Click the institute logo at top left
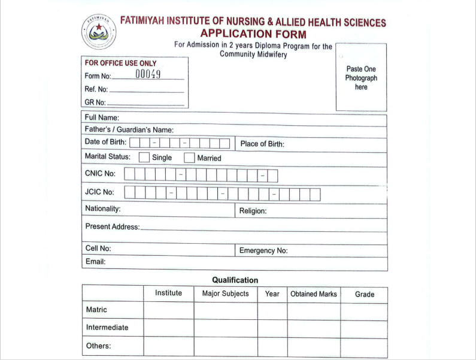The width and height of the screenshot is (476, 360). coord(99,32)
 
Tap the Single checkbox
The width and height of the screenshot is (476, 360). coord(144,158)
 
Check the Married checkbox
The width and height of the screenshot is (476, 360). coord(189,158)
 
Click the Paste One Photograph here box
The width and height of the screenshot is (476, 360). coord(361,78)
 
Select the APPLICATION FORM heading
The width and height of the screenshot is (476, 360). coord(253,34)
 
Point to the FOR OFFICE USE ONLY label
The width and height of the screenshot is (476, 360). coord(120,63)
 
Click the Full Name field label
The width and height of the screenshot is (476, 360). coord(102,117)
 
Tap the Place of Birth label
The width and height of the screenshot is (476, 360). coord(262,144)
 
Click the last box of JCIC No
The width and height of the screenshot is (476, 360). coord(314,194)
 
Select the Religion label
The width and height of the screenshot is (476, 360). coord(253,211)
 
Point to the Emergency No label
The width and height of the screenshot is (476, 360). coord(263,250)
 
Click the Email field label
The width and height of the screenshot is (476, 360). coord(95,262)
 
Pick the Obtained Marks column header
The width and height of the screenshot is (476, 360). coord(314,294)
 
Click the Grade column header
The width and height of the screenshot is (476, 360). coord(365,294)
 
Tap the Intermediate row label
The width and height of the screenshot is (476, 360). coord(107,328)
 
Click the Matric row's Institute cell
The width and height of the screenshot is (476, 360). coord(168,310)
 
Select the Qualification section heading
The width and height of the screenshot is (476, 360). coord(235,280)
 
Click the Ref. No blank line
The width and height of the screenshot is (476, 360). coord(147,90)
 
